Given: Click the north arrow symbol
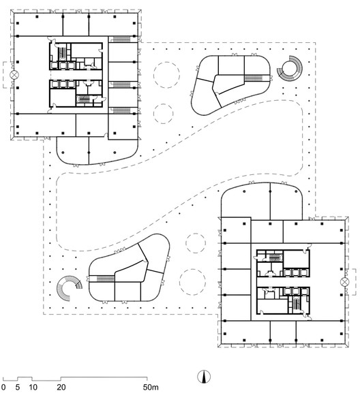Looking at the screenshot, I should tap(203, 377).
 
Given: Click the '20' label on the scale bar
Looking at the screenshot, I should tap(61, 387).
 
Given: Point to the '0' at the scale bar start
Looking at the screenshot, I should tap(3, 387).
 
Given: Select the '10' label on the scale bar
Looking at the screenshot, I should tap(32, 387).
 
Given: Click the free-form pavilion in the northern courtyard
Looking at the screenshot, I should tap(230, 84).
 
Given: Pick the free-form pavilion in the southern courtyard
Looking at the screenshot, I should tap(128, 272).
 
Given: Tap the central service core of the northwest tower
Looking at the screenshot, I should tap(76, 76).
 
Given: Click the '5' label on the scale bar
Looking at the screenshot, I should tap(18, 387).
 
